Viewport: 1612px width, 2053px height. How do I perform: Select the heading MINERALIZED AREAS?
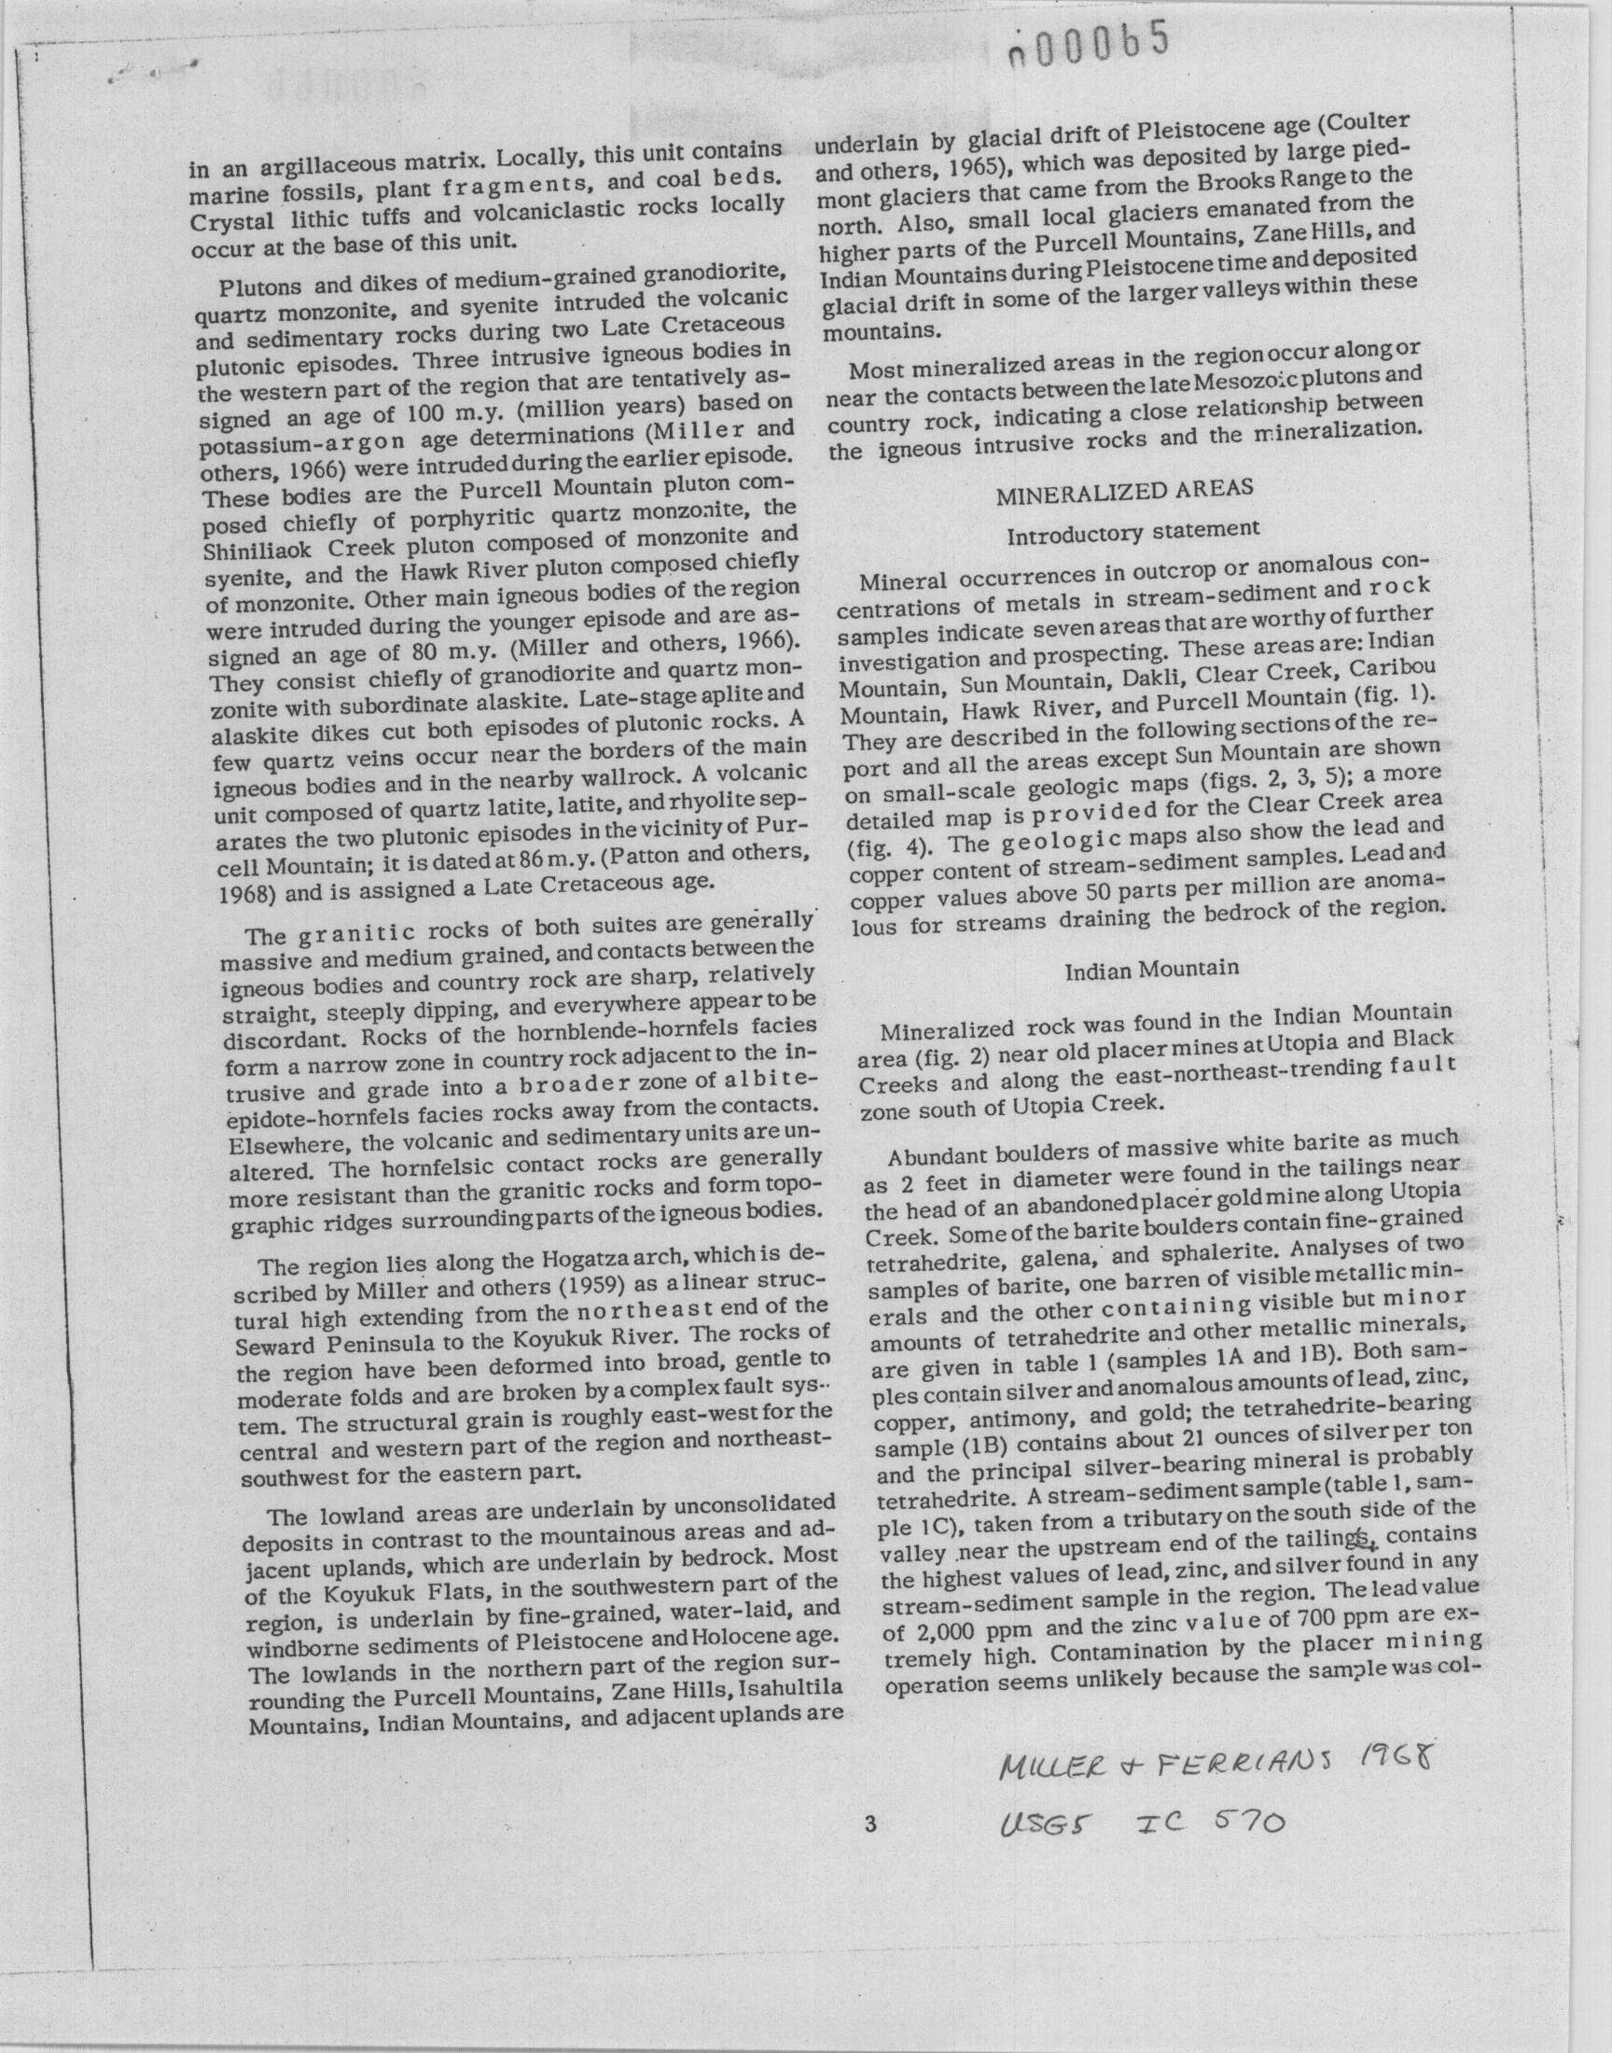pyautogui.click(x=1125, y=489)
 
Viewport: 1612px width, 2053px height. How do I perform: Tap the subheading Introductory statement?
pyautogui.click(x=1133, y=532)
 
